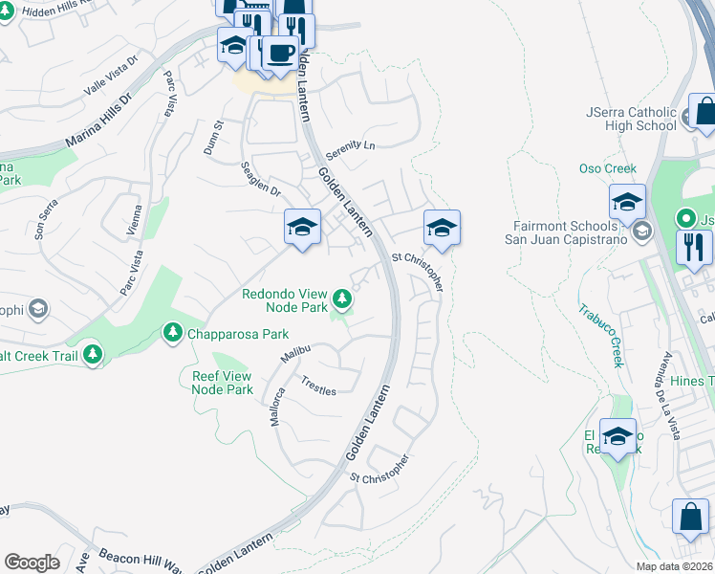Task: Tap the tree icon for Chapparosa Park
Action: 173,333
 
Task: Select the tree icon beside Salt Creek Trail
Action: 93,355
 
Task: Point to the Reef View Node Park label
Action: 222,383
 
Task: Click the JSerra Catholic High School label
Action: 631,119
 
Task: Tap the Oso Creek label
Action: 607,169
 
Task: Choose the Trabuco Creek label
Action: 599,335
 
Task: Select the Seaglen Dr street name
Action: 260,179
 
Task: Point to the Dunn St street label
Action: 212,138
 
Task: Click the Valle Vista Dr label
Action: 111,74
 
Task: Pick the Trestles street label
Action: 318,386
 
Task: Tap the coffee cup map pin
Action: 280,54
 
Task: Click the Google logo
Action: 32,563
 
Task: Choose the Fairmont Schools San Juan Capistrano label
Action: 567,232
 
